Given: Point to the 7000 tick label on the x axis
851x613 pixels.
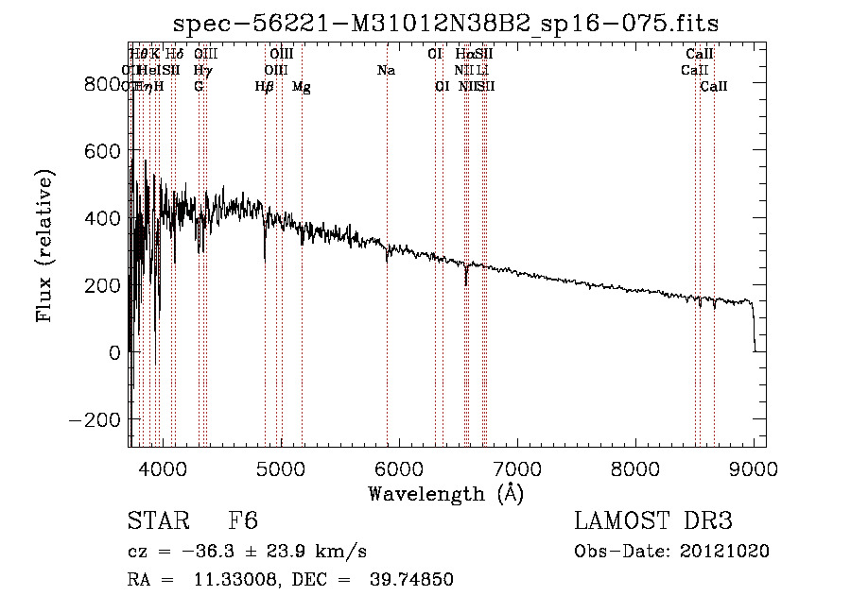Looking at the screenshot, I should [517, 469].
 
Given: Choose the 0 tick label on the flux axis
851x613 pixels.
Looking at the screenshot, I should [113, 352].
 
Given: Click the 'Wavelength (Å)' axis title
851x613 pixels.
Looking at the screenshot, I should [445, 493].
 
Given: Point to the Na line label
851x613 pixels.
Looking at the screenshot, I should [386, 70].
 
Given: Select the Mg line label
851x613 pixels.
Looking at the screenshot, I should [301, 87].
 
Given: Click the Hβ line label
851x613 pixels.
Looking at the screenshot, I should [265, 87].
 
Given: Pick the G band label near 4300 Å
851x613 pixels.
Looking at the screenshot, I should [199, 87].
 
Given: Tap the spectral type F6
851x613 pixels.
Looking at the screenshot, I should [243, 521].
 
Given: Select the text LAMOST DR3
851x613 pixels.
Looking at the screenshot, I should [652, 521].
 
